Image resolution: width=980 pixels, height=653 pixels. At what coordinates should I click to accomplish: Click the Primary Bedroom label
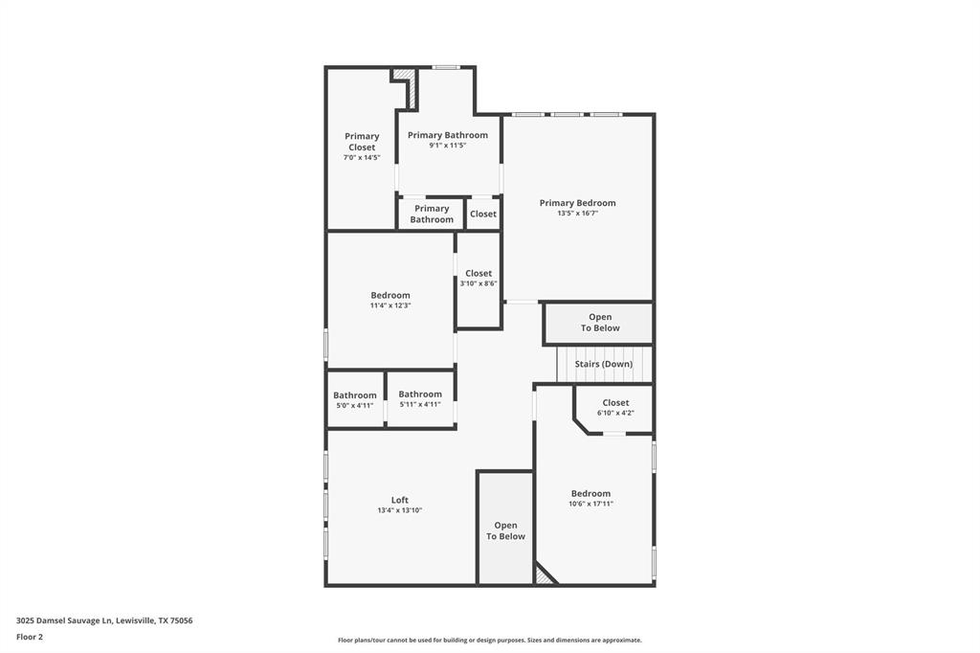pos(577,203)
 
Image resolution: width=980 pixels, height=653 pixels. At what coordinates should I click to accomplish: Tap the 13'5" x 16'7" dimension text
pos(577,214)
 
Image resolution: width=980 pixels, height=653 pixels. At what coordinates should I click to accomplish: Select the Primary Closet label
pos(362,142)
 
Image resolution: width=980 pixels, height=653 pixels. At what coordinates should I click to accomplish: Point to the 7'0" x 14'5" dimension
pos(362,158)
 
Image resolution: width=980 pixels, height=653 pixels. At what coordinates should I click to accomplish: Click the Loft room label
pos(399,500)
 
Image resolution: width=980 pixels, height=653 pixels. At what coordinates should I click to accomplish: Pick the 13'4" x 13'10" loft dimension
pos(399,510)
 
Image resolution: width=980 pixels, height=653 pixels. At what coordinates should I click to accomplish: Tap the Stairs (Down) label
pos(603,364)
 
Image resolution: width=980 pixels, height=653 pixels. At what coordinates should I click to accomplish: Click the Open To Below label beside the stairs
pos(600,323)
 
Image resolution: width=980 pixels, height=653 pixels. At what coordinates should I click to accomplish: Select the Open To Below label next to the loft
pos(505,530)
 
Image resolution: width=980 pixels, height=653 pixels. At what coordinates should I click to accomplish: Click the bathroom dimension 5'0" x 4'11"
pos(355,405)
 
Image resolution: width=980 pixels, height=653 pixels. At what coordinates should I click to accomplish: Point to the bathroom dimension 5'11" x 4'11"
pos(420,405)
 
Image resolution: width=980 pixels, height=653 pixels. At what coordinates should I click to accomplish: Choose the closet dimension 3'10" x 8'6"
pos(479,283)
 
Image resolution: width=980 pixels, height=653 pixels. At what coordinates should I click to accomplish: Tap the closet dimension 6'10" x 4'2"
pos(615,413)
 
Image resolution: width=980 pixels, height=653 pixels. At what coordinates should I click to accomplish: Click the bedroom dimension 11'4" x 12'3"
pos(390,305)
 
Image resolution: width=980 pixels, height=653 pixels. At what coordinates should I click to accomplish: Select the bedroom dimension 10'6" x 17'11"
pos(590,504)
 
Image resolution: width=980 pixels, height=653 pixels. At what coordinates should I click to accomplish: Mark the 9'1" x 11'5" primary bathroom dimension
pos(448,146)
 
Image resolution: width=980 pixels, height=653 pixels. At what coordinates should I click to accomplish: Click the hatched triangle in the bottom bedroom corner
pos(543,575)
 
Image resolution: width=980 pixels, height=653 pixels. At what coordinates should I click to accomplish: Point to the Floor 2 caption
pos(30,637)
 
